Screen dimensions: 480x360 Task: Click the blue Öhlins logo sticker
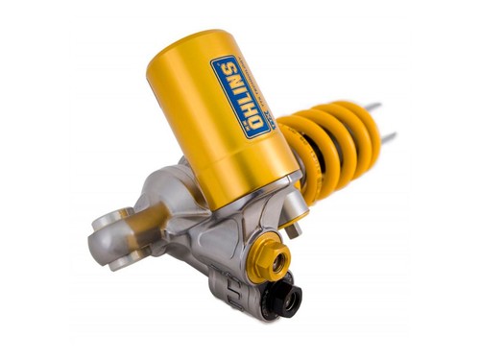pyautogui.click(x=240, y=96)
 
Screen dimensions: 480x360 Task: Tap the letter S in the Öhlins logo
pyautogui.click(x=228, y=67)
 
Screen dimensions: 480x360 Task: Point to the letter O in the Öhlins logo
pyautogui.click(x=255, y=121)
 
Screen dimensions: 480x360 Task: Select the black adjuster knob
pyautogui.click(x=288, y=298)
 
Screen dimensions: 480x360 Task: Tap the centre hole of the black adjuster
pyautogui.click(x=292, y=300)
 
